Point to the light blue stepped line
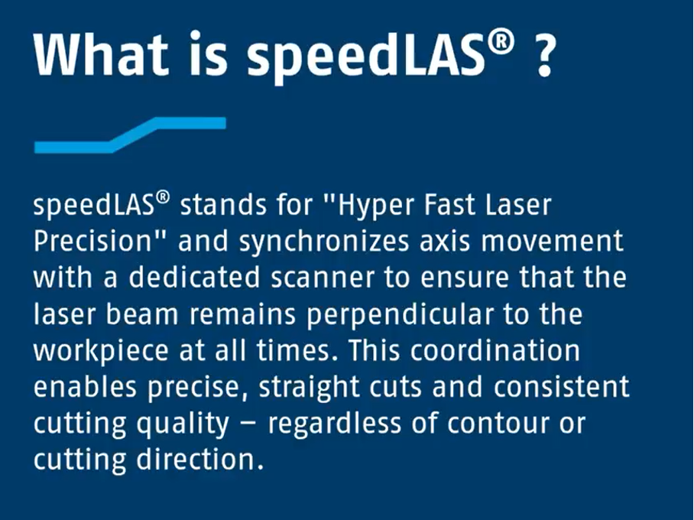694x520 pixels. [130, 135]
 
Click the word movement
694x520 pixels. [552, 242]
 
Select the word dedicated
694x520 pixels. [194, 278]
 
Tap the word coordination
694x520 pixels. [495, 351]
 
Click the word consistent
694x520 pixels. [561, 388]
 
